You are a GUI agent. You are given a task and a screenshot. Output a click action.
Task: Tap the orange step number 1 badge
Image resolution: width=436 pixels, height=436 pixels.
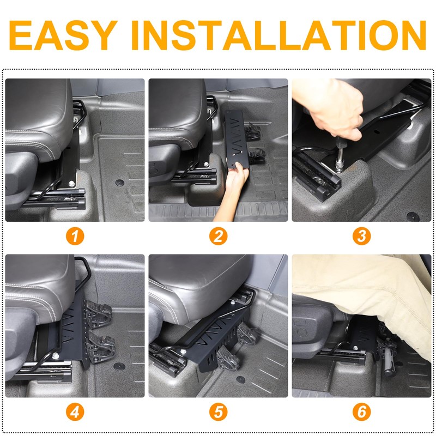(x=75, y=237)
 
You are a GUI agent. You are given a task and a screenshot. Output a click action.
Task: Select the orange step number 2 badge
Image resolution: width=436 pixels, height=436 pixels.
(x=218, y=237)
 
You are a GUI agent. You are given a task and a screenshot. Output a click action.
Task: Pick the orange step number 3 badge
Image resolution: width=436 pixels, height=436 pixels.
(x=361, y=237)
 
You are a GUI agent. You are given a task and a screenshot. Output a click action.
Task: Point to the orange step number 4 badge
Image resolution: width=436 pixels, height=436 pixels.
(x=75, y=412)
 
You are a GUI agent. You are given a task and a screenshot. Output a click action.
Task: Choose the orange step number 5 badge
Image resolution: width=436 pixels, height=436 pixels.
(x=218, y=412)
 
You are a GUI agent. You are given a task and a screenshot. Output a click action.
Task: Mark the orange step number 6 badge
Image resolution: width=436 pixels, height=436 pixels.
(x=361, y=412)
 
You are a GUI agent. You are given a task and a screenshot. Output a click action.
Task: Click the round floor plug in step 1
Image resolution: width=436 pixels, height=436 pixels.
(x=119, y=182)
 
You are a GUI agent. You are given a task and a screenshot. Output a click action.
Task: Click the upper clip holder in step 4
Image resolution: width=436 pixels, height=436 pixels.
(x=100, y=314)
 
